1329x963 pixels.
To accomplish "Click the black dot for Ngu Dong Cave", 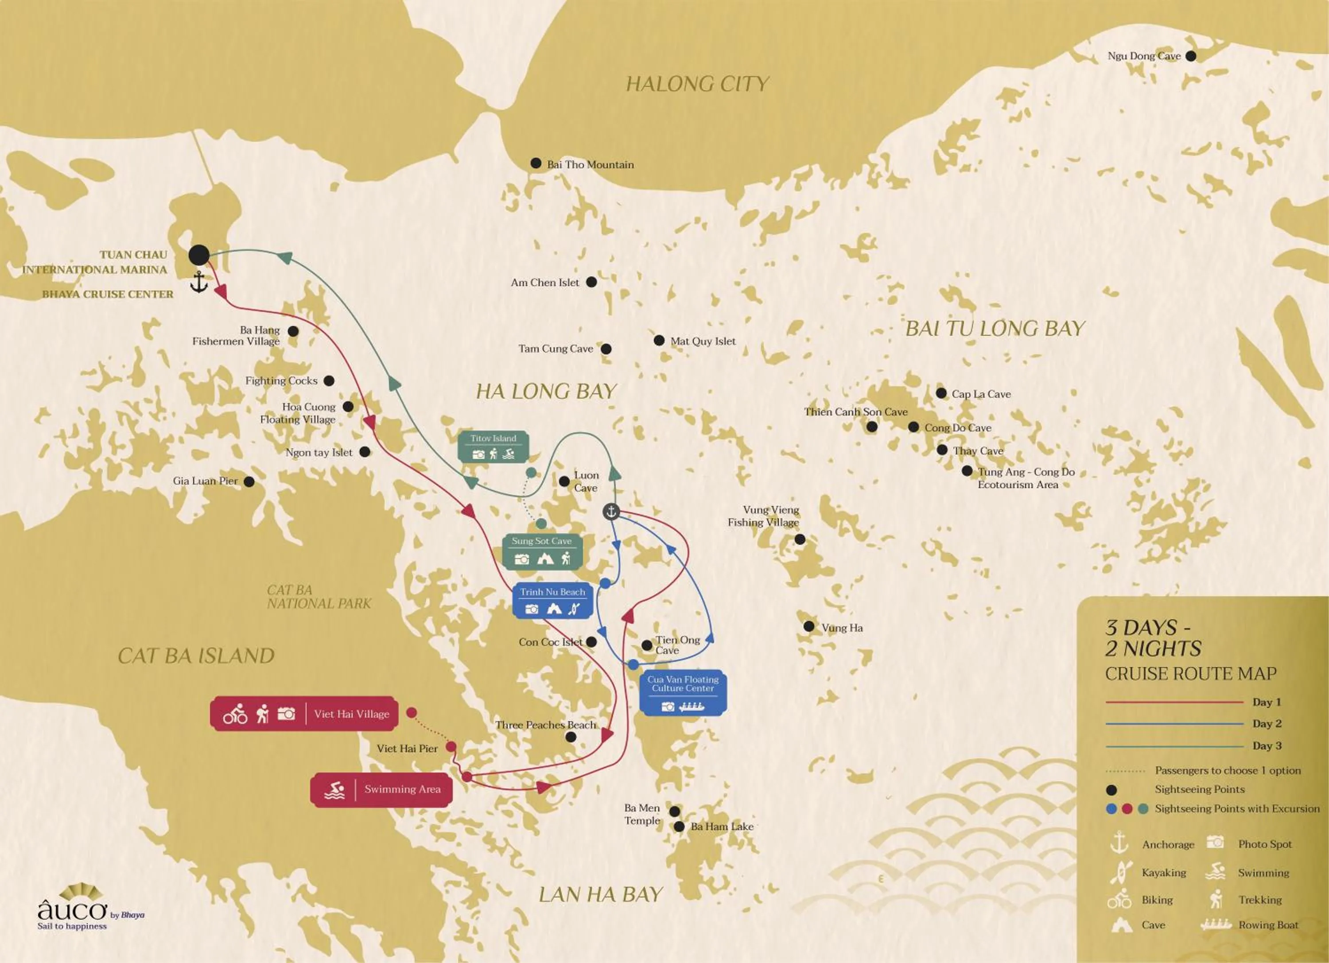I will coord(1191,56).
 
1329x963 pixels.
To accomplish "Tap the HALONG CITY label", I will coord(697,84).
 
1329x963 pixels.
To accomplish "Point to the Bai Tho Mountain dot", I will coord(536,163).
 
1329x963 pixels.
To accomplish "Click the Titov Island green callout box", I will coord(494,447).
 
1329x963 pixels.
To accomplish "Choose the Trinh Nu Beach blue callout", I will coord(552,602).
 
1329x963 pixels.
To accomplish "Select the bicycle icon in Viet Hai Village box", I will coord(235,714).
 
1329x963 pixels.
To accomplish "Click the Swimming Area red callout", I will coord(381,790).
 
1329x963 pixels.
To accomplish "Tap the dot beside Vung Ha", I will coord(808,626).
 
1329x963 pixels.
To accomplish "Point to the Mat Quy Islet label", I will coord(703,342).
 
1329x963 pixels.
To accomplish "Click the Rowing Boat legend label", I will coord(1268,925).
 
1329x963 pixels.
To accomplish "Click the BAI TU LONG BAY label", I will coord(995,329).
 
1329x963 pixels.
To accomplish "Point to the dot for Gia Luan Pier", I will coord(249,481).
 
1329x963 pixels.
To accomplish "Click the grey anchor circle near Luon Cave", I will coord(611,512).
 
